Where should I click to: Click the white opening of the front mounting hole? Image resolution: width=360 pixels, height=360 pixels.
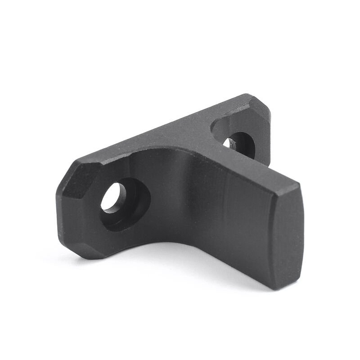[111, 198]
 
